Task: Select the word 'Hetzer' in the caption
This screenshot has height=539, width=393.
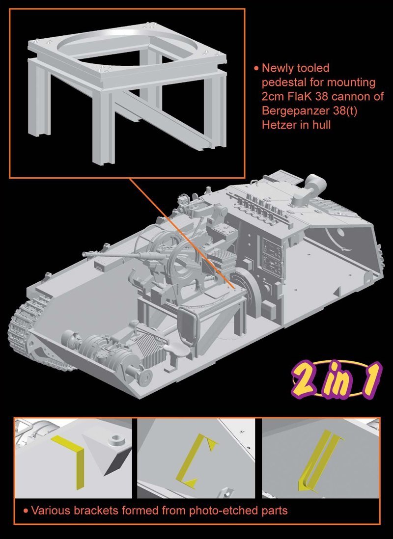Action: tap(278, 125)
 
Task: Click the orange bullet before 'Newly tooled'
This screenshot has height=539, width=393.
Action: tap(256, 68)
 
